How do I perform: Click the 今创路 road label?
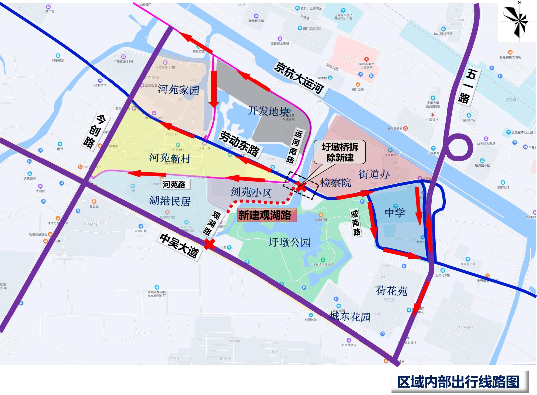click(92, 131)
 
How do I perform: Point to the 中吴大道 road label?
click(179, 245)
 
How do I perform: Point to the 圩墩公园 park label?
click(289, 242)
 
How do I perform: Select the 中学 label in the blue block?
click(396, 213)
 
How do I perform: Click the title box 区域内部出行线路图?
click(458, 382)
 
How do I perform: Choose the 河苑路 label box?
click(174, 184)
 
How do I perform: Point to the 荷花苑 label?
click(392, 290)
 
